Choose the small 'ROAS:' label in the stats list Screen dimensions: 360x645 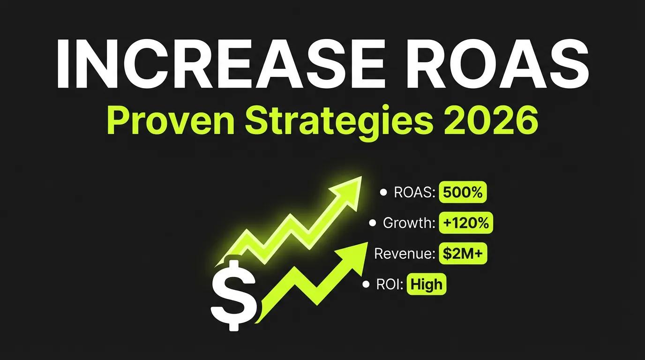point(413,193)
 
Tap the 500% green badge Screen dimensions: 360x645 point(463,193)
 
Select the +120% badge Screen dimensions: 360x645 point(465,223)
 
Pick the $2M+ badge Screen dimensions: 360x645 point(465,254)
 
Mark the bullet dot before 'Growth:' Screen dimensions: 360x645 point(373,223)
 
